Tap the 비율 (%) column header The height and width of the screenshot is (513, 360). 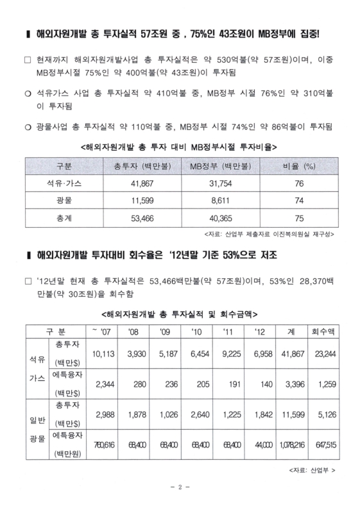pos(298,166)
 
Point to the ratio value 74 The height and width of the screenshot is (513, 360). pos(298,201)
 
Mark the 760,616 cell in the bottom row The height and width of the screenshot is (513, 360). pos(103,446)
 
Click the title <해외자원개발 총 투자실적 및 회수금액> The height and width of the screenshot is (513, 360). pos(180,314)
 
